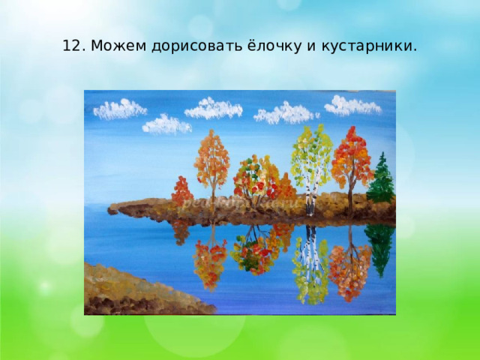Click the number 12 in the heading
(x=71, y=46)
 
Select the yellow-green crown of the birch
(x=310, y=150)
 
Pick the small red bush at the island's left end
(x=181, y=191)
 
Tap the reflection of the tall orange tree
(x=210, y=259)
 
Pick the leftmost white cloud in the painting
(x=119, y=109)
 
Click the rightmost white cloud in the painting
(x=352, y=106)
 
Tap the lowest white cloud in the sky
(x=166, y=124)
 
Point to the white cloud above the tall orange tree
(x=213, y=109)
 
